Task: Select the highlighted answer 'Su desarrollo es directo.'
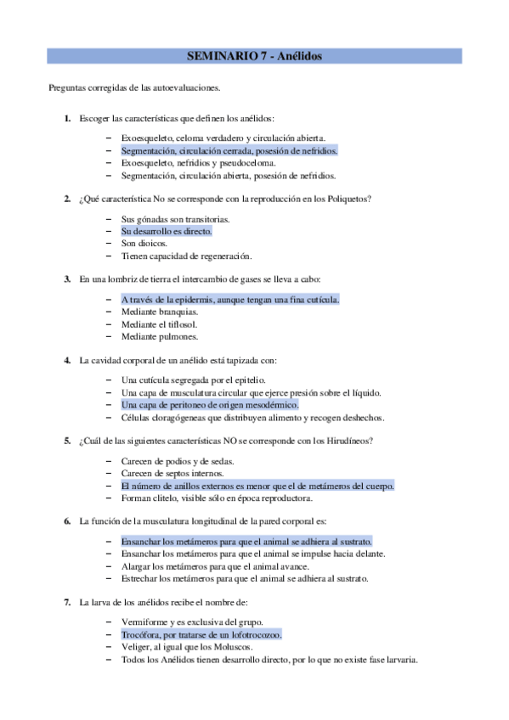click(167, 231)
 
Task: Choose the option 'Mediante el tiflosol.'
click(160, 324)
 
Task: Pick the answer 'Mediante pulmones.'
click(159, 337)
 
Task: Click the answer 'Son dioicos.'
click(144, 244)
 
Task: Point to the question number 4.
click(67, 360)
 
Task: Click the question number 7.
click(67, 602)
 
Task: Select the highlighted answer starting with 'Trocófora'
click(201, 634)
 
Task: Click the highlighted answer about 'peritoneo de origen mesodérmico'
click(210, 405)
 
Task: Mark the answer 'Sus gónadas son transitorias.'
click(176, 218)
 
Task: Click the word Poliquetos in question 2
click(348, 199)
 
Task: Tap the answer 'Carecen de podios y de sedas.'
click(178, 460)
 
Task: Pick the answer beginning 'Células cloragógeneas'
click(252, 418)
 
